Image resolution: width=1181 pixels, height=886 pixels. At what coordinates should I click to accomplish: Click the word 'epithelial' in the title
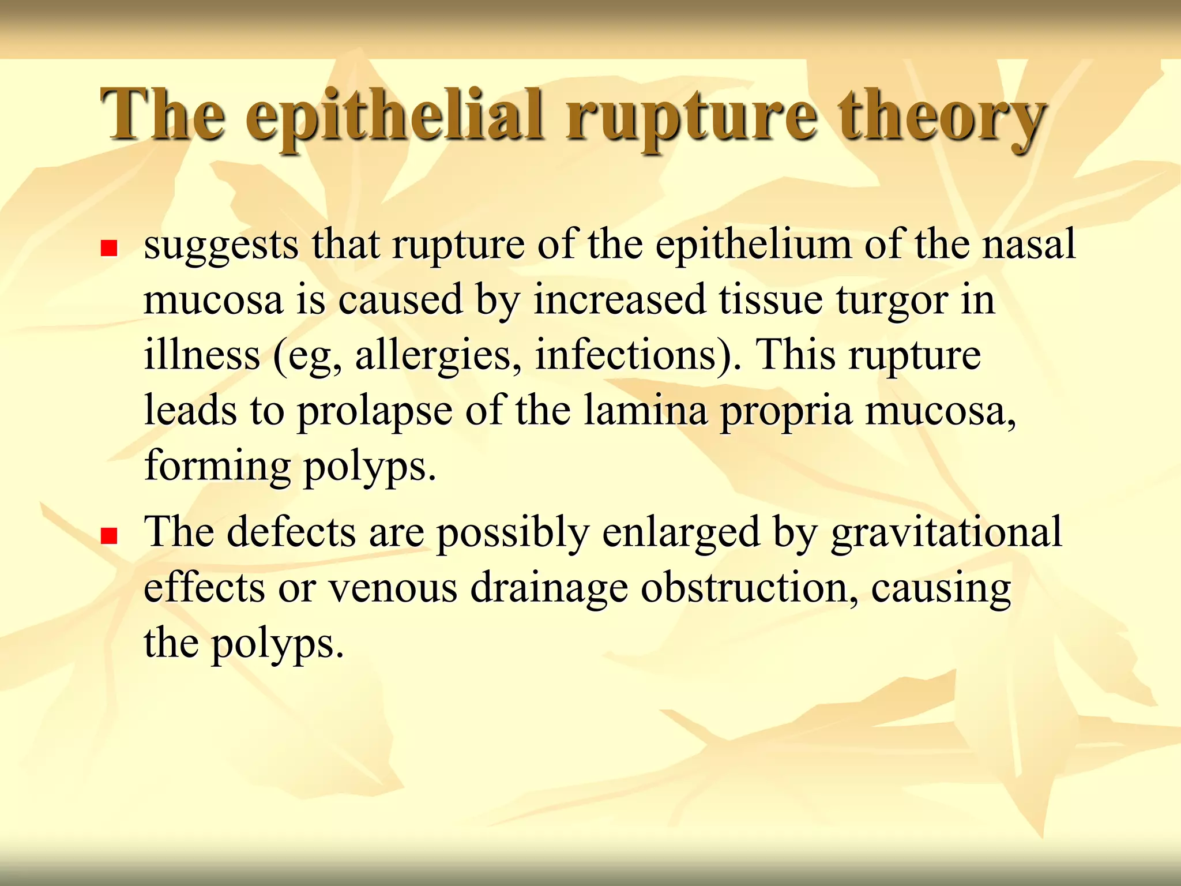(394, 115)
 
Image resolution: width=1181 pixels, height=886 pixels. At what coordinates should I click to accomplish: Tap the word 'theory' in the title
(942, 115)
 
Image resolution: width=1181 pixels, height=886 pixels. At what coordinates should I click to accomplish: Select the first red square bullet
(109, 249)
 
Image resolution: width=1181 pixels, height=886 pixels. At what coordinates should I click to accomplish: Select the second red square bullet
(109, 536)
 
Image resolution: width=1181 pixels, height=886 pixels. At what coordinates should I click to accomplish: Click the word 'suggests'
(221, 245)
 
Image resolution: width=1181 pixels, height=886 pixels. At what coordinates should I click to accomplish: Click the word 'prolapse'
(374, 412)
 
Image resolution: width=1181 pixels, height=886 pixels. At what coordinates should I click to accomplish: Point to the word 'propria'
(787, 412)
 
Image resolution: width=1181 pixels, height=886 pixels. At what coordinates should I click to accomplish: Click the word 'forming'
(217, 467)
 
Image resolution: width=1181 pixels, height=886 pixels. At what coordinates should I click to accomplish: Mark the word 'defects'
(291, 531)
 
